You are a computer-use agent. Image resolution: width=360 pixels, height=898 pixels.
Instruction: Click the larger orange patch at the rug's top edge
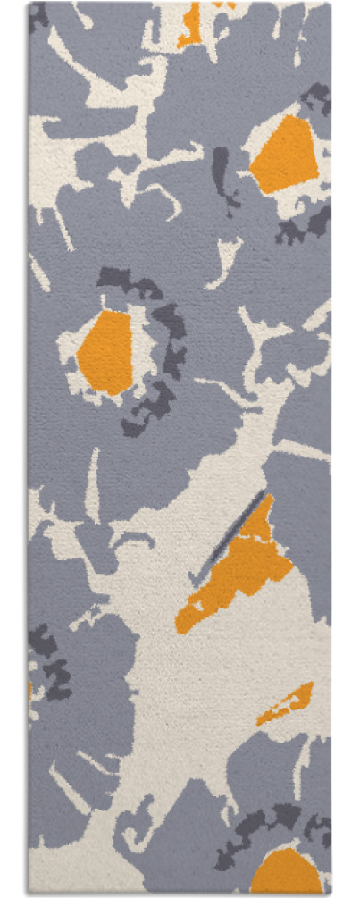pos(189,25)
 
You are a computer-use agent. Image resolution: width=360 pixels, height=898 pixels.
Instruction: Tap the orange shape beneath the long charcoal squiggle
pos(105,352)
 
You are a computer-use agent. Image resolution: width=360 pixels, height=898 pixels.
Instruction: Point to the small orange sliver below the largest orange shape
pos(286,703)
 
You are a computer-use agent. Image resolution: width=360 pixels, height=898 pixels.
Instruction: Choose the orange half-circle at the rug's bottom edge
pos(286,871)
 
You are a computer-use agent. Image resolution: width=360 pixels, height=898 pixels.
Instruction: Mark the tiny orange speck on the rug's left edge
pos(30,691)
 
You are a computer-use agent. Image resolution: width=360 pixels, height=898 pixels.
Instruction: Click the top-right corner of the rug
pos(330,4)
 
